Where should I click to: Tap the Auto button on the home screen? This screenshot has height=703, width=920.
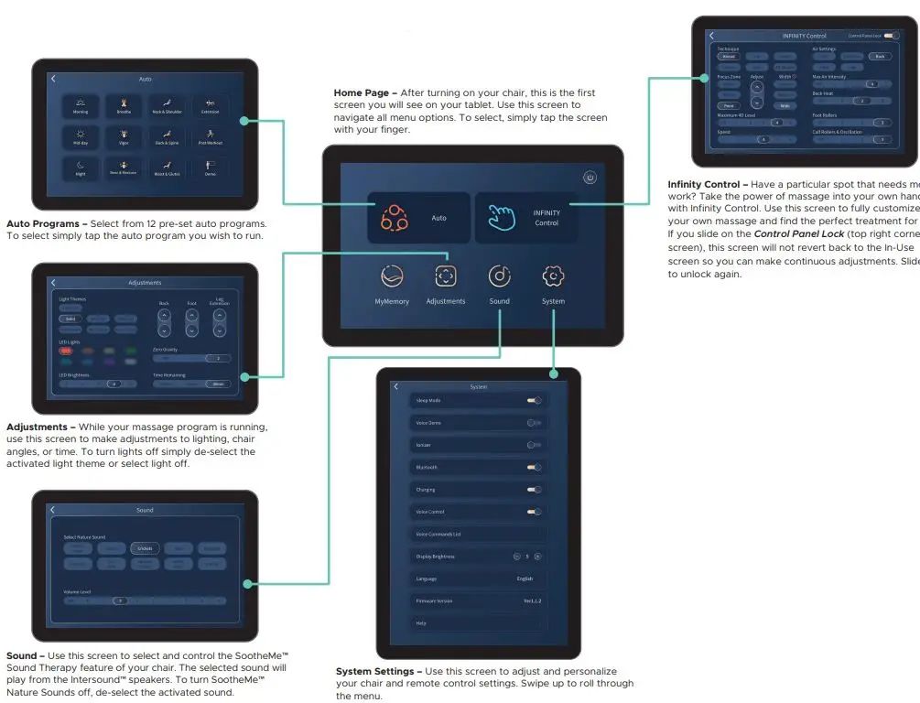click(418, 218)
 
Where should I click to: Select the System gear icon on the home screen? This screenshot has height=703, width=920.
click(553, 276)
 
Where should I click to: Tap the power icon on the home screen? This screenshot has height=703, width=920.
click(590, 178)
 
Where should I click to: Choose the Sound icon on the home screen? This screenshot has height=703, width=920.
click(499, 276)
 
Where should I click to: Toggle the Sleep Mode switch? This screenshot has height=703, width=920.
click(534, 400)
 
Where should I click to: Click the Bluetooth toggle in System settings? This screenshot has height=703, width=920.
click(534, 467)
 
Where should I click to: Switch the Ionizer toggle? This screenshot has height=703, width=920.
click(534, 445)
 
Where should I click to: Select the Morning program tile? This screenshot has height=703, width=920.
click(81, 105)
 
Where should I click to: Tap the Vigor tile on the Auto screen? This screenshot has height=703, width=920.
click(124, 136)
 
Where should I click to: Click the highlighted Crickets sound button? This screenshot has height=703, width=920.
click(144, 548)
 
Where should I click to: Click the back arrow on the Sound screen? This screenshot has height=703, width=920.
click(53, 510)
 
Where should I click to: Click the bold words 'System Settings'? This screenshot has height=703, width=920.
click(376, 672)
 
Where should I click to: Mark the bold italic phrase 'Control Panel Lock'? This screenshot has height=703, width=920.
click(799, 234)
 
